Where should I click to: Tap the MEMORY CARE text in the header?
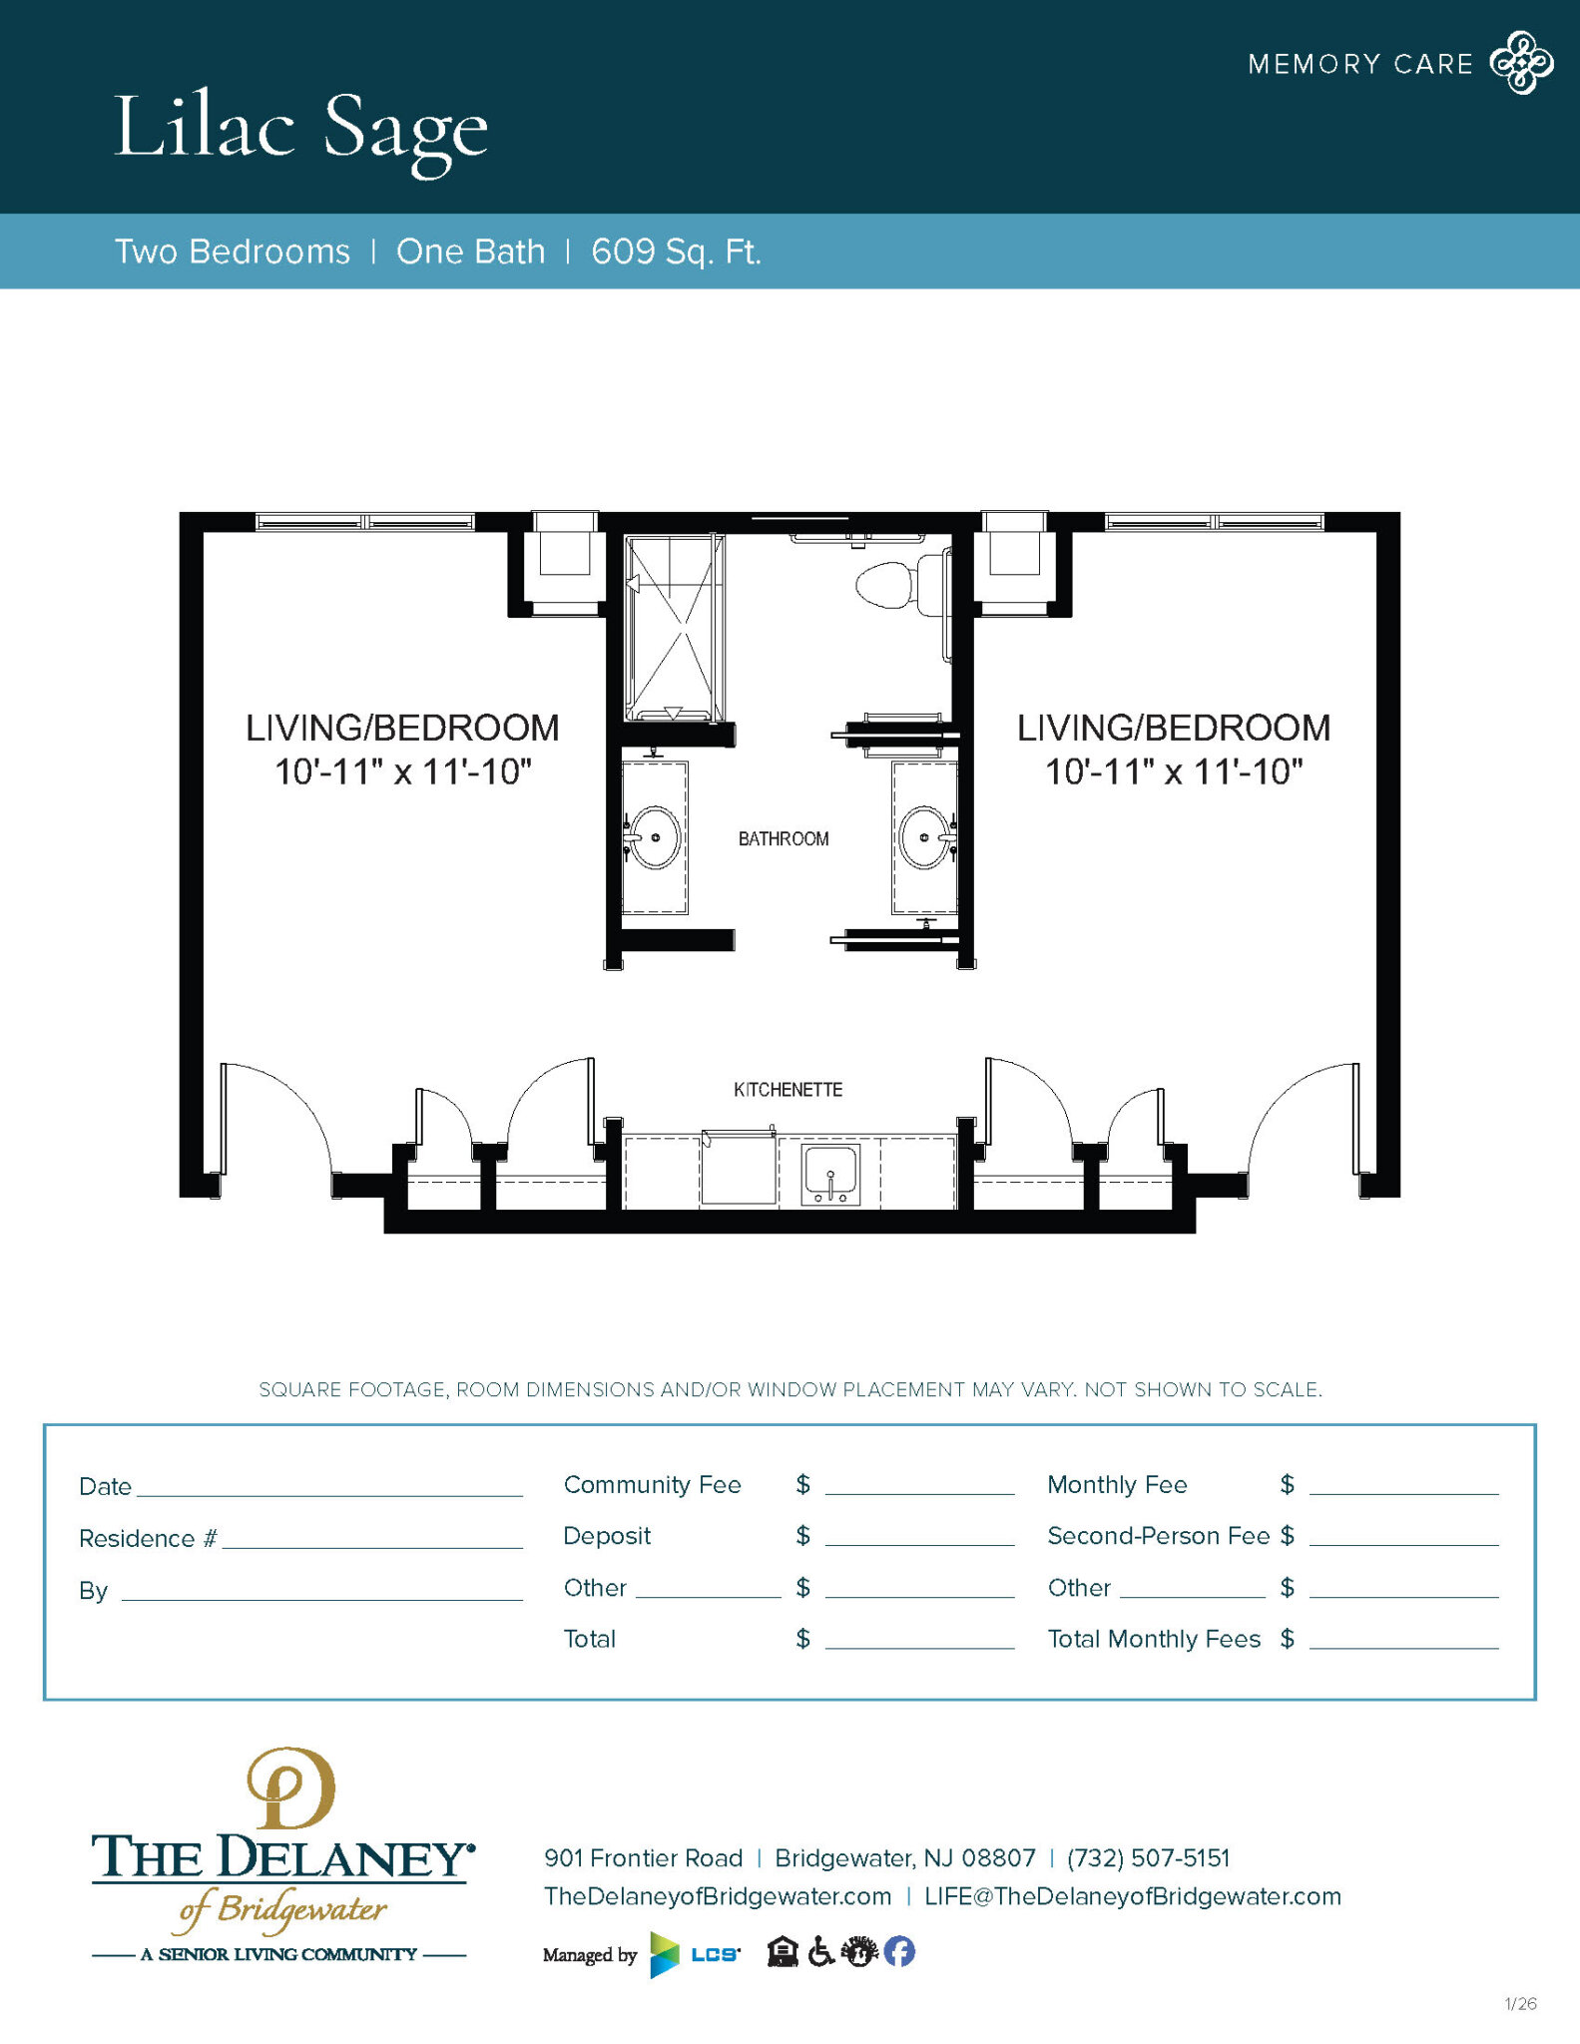point(1359,65)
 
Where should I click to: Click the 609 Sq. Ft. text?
point(676,252)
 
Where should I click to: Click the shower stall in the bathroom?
point(674,627)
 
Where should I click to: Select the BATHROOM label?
point(784,839)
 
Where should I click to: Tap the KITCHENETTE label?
point(788,1090)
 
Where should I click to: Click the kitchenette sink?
point(830,1174)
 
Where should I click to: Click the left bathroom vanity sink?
point(655,837)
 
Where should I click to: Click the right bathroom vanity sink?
point(924,837)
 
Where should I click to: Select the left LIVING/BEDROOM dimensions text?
point(402,772)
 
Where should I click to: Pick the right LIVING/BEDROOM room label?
point(1174,728)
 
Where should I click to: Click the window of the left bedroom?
point(364,522)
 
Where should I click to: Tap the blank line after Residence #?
point(371,1538)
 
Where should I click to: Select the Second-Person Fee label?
point(1158,1536)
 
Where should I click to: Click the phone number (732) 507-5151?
point(1148,1858)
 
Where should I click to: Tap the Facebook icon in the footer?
point(899,1951)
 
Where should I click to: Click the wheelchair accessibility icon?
point(820,1951)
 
